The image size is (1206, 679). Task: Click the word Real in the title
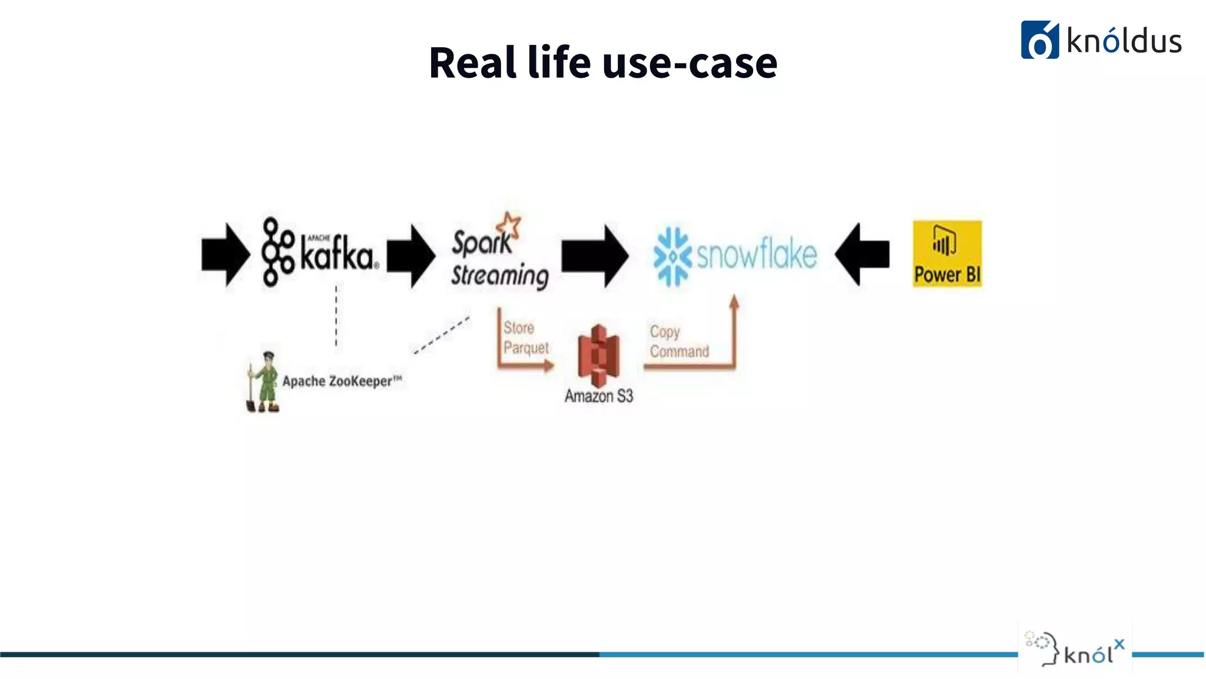[472, 62]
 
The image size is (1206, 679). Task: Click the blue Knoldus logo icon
[1039, 40]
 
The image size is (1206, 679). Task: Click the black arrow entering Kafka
[225, 255]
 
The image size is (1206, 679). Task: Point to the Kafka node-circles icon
[277, 252]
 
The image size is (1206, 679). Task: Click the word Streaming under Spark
[499, 276]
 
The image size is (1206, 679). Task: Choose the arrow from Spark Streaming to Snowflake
[595, 255]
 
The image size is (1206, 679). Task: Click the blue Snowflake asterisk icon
[672, 256]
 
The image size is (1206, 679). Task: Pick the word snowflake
[757, 254]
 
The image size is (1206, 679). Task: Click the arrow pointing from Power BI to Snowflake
[862, 254]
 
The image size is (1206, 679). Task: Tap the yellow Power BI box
[947, 254]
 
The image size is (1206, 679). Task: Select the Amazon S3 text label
[598, 396]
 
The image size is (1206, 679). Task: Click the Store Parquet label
[524, 338]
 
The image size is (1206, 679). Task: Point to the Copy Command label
[678, 341]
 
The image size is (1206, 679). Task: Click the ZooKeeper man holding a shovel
[264, 382]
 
